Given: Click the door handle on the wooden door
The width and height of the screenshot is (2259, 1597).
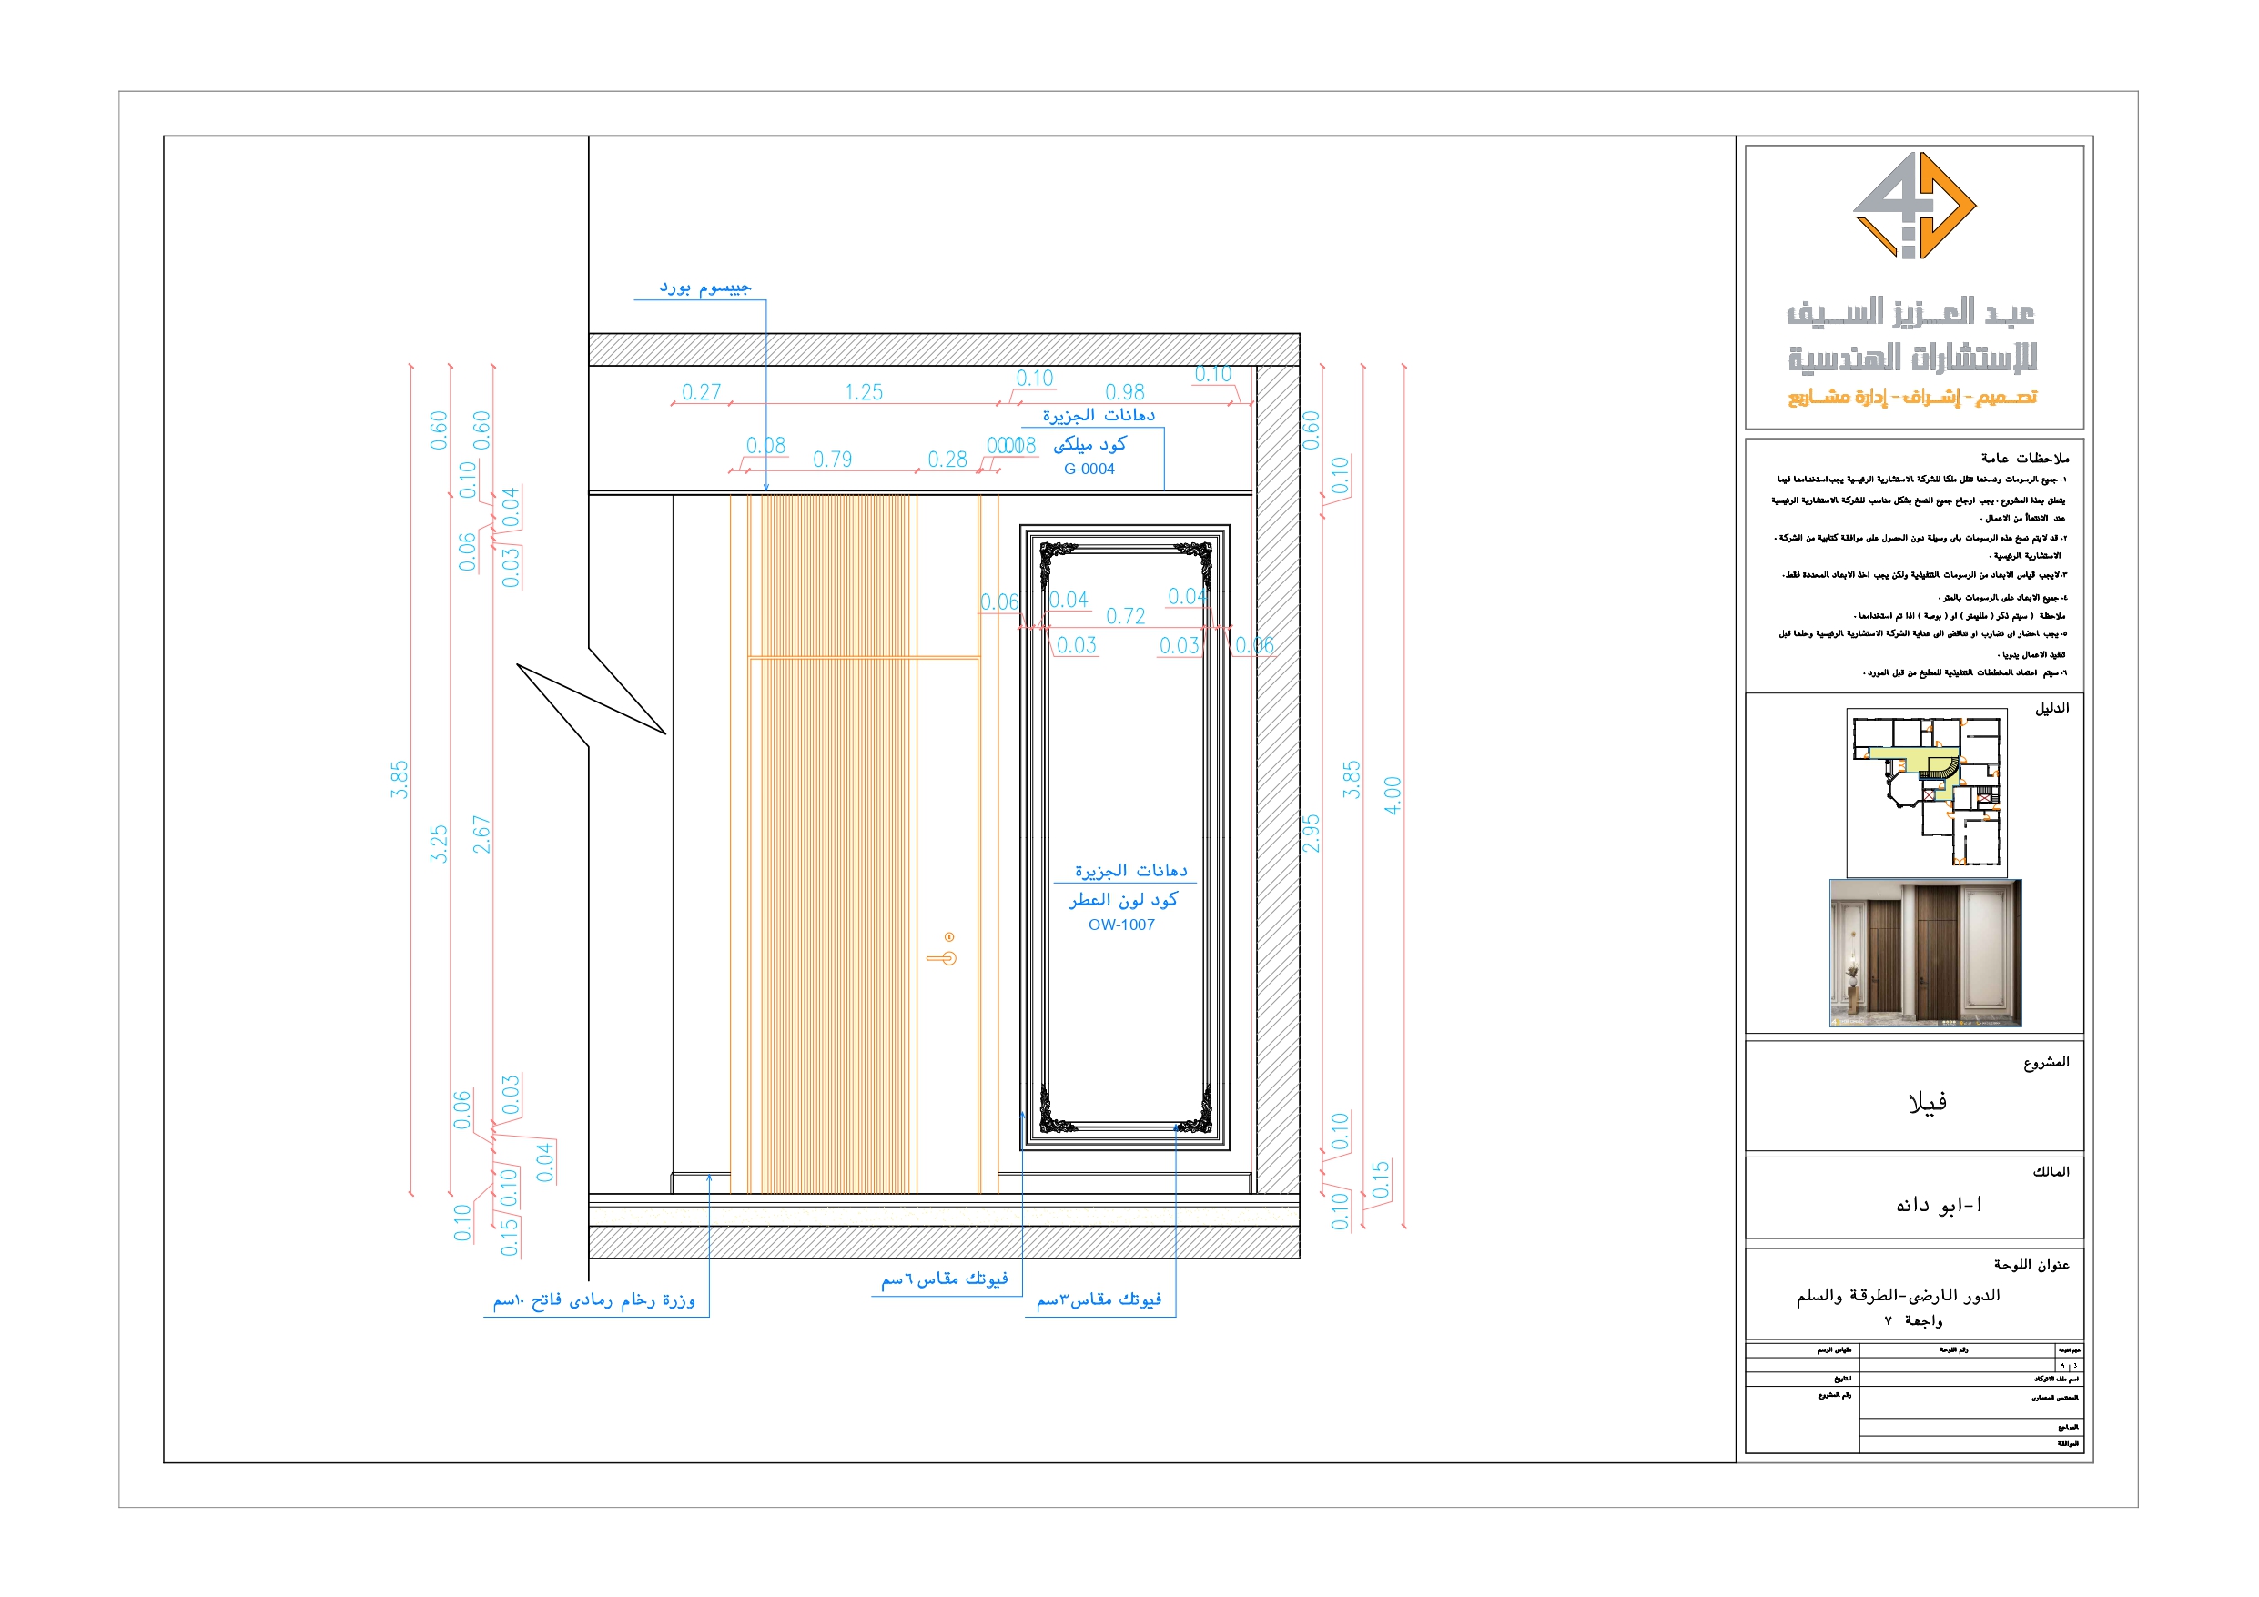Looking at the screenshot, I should coord(942,956).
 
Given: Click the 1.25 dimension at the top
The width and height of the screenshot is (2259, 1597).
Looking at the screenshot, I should coord(863,391).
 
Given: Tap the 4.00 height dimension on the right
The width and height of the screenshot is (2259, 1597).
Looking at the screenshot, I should coord(1392,795).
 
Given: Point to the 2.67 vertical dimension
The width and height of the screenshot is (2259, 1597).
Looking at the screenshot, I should coord(481,834).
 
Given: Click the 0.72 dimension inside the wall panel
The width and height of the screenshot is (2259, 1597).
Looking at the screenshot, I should coord(1125,616).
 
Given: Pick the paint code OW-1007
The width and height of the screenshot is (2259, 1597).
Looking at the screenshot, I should coord(1120,924).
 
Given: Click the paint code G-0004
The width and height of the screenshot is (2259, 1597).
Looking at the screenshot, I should coord(1089,469).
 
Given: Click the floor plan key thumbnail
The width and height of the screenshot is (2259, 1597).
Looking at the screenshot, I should coord(1926,791).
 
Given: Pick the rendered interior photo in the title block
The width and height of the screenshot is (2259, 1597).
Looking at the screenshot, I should coord(1924,952).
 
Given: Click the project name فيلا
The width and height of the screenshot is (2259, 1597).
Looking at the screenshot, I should coord(1927,1101).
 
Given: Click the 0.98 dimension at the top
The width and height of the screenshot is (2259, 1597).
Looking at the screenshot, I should coord(1124,391).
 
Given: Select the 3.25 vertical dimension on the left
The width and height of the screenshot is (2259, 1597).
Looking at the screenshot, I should coord(438,844).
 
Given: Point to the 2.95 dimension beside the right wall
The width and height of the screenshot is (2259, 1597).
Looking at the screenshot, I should coord(1310,833).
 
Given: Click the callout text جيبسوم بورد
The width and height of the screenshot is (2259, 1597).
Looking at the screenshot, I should coord(704,288).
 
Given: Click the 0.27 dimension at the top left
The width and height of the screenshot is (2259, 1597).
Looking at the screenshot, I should coord(701,391).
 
